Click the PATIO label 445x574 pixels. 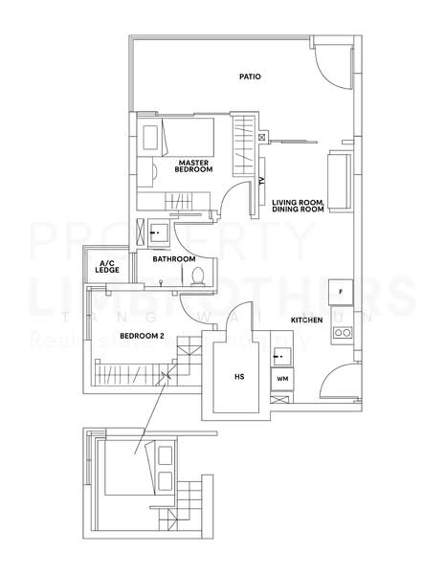point(251,77)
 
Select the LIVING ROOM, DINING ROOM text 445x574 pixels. point(298,205)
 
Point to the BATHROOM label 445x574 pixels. point(174,258)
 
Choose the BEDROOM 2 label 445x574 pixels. point(143,336)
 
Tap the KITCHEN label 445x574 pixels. point(307,320)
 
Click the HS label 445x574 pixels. point(239,377)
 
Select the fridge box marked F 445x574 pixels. point(340,291)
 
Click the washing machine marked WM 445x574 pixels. point(282,380)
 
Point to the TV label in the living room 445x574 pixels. point(260,183)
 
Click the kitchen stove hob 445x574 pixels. point(341,334)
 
